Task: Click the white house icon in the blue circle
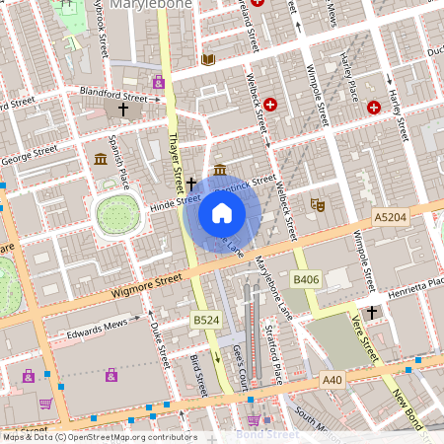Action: point(222,212)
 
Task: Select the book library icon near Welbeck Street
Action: point(207,60)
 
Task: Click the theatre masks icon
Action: point(317,203)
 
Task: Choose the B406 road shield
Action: point(306,281)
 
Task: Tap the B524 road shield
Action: point(205,321)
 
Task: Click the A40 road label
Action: point(333,378)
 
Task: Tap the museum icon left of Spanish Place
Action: point(101,160)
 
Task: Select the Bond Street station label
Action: point(267,434)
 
